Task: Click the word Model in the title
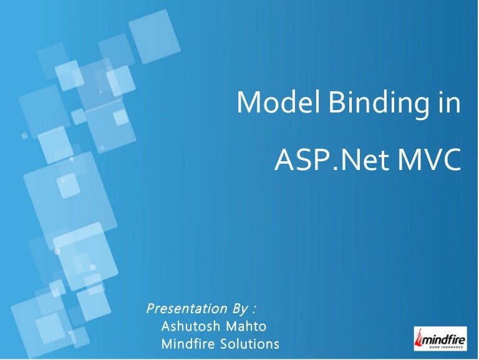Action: (274, 102)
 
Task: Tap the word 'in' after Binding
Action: (449, 102)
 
